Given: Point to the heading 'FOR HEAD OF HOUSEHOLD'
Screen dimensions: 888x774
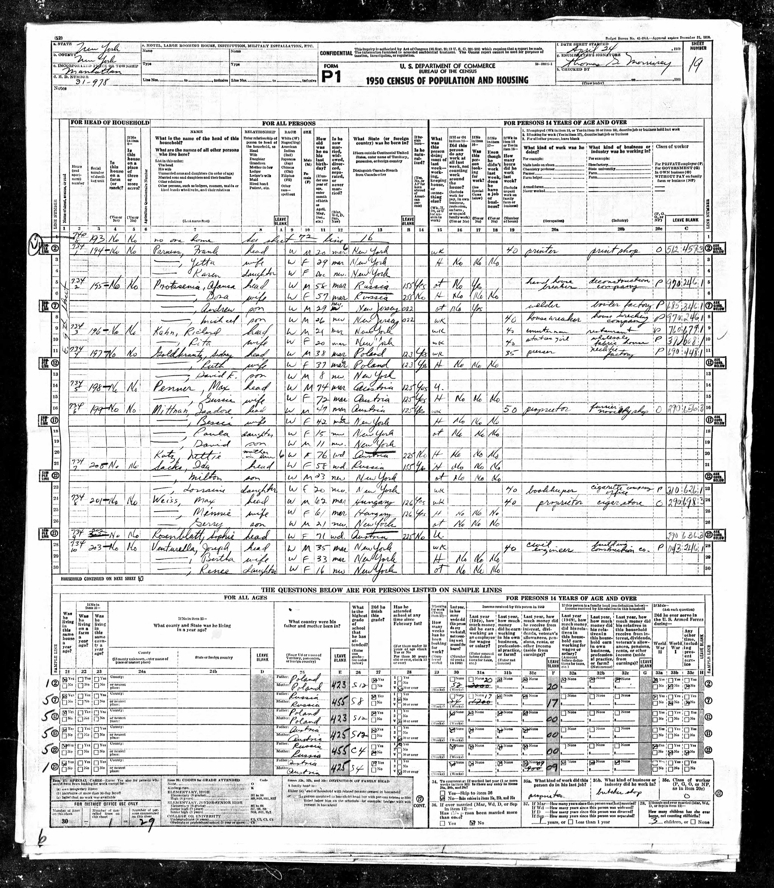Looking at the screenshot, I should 110,123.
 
